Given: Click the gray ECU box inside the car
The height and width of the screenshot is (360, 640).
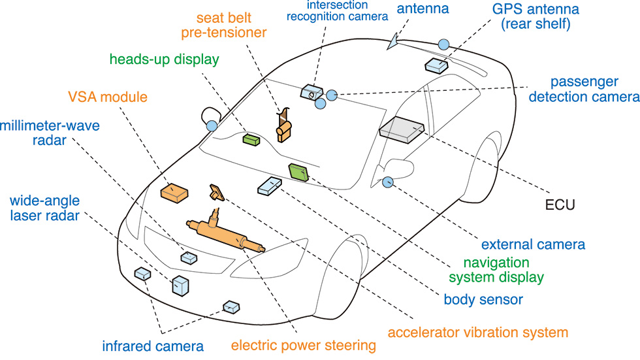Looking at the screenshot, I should click(x=401, y=129).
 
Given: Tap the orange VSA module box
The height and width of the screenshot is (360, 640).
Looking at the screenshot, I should click(x=174, y=191).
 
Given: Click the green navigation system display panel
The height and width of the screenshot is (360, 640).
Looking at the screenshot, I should click(x=299, y=172).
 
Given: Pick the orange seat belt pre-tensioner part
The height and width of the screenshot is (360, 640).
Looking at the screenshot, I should click(x=284, y=126).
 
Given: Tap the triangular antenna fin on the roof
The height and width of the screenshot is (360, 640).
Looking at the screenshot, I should click(x=392, y=42).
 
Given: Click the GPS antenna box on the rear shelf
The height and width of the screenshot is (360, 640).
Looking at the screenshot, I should click(x=436, y=64).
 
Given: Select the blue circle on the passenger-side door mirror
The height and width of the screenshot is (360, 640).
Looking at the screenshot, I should click(x=388, y=182).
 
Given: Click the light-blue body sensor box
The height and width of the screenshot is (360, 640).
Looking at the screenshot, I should click(x=270, y=186).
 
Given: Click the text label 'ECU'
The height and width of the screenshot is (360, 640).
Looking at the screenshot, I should click(x=560, y=206).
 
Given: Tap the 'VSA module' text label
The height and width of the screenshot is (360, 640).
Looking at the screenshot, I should click(x=108, y=99).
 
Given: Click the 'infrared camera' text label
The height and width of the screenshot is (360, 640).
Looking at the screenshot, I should click(x=153, y=346).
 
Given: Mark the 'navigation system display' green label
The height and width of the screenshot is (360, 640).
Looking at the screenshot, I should click(x=504, y=270).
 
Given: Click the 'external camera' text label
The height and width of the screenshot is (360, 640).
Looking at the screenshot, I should click(x=533, y=245).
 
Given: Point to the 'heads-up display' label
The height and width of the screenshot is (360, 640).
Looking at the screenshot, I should click(x=164, y=59).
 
